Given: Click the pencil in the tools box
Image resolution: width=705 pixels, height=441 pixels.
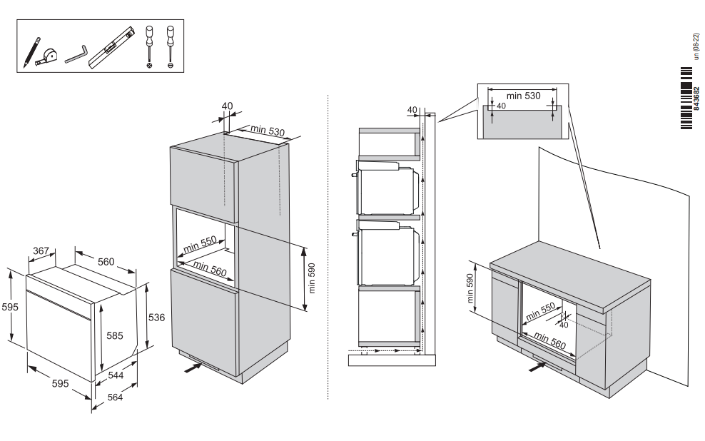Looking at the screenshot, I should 31,51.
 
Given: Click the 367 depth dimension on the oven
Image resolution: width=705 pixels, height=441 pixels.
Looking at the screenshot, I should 42,250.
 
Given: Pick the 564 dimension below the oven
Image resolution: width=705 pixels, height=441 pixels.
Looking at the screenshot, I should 113,397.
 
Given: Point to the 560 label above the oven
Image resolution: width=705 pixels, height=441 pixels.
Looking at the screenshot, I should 106,262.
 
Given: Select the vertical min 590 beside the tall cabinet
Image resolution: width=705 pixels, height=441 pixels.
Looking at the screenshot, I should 311,279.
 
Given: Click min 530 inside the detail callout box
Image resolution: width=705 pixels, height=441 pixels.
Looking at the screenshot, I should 523,95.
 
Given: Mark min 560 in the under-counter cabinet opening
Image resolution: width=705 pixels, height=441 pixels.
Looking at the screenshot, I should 549,342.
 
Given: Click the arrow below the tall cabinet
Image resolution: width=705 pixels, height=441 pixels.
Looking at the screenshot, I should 193,368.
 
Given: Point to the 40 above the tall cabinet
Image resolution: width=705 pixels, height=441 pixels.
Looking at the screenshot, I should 227,106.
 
